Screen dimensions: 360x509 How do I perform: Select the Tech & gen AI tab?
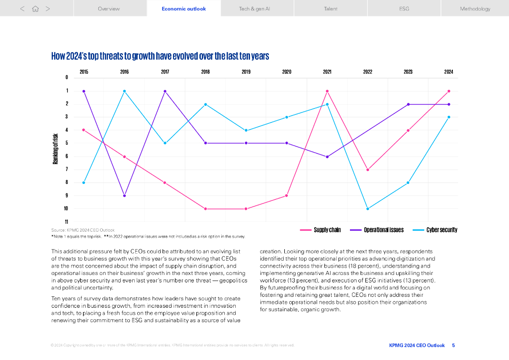click(257, 8)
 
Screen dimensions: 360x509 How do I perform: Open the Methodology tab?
click(475, 8)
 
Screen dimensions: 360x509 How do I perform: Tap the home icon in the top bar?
click(35, 8)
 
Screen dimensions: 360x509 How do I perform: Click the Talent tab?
click(331, 8)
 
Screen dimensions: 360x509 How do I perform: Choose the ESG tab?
click(404, 8)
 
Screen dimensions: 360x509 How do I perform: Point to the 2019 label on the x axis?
click(246, 72)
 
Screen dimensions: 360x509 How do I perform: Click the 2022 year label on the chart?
click(367, 72)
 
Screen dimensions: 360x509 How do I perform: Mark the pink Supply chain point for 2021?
click(327, 91)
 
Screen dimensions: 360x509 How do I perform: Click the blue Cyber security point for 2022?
click(368, 209)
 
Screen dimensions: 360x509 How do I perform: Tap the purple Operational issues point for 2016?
click(124, 195)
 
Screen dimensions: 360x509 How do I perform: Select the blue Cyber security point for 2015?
click(84, 182)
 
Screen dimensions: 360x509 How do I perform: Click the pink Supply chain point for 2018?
click(205, 209)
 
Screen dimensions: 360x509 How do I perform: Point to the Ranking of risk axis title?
click(56, 149)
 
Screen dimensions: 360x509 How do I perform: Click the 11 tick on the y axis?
click(67, 222)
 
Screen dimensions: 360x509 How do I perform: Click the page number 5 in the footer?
click(453, 345)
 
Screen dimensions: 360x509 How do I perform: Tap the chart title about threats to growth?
click(160, 56)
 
